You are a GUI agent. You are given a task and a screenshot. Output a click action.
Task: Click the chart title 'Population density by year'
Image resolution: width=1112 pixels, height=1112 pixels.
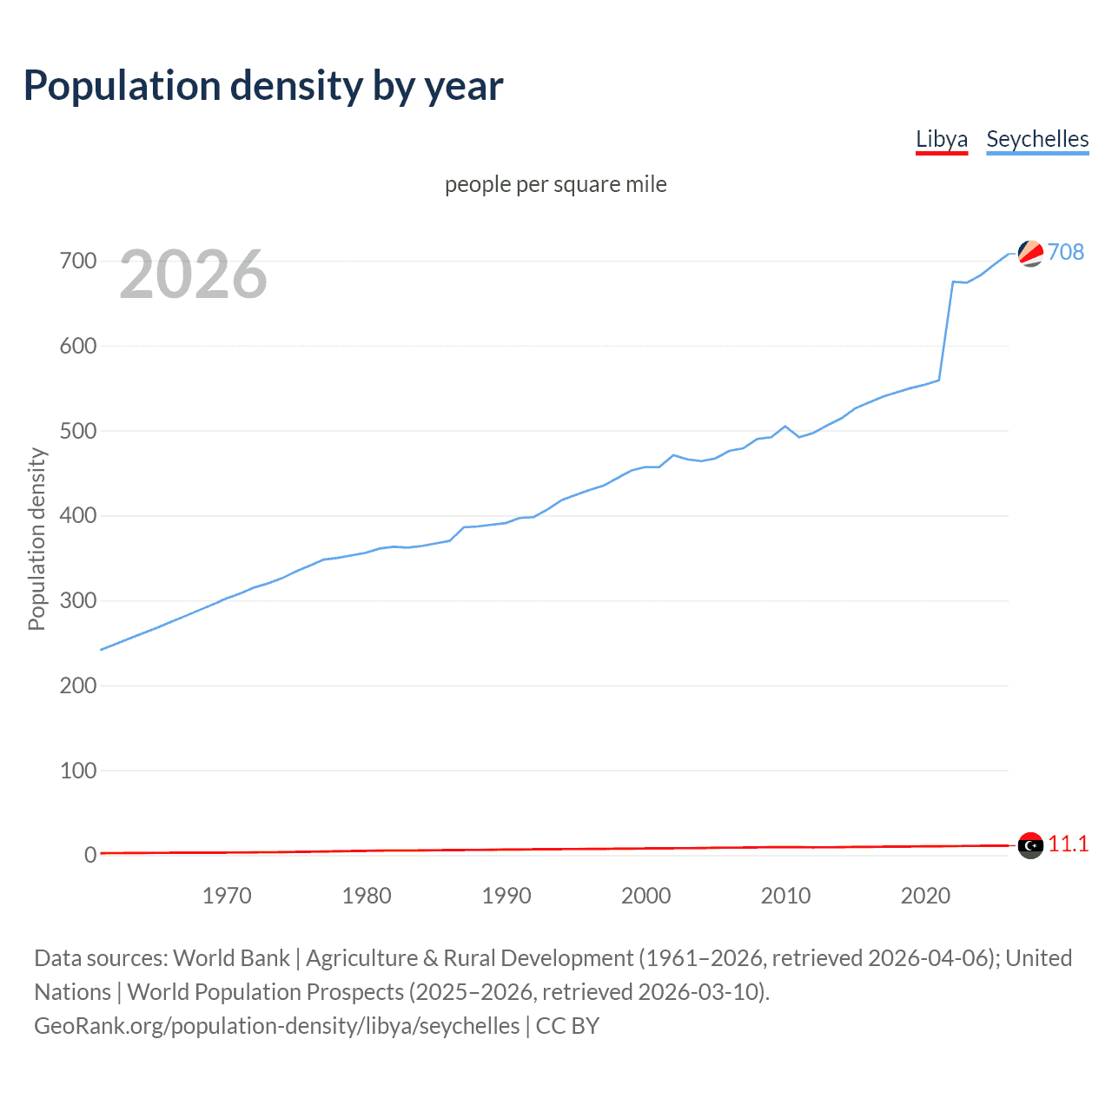coord(263,86)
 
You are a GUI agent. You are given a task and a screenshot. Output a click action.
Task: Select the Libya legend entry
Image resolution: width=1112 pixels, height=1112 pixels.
coord(941,139)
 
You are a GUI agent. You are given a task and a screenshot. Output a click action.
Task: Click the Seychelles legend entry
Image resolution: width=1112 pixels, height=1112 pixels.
coord(1037,139)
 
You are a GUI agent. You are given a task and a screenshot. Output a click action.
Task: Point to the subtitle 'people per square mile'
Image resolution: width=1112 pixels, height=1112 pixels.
coord(555,184)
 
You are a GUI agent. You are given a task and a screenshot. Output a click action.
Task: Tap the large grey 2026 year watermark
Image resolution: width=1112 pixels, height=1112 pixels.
coord(193,275)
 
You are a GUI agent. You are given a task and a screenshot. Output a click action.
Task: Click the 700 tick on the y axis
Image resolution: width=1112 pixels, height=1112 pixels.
coord(78,261)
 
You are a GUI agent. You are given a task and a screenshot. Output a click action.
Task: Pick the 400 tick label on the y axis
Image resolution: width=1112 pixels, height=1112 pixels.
coord(78,516)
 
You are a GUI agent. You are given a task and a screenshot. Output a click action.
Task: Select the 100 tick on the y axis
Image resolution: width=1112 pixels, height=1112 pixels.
coord(78,771)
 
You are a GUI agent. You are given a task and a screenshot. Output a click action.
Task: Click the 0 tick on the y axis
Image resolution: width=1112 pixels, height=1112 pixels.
coord(89,855)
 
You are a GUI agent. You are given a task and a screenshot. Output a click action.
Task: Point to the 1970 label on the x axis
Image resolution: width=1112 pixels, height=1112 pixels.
coord(227,896)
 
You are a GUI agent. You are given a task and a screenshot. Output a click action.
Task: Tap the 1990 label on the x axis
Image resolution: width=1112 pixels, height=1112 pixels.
coord(506,896)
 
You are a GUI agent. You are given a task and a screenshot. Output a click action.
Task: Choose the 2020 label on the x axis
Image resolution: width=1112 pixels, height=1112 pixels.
coord(925,896)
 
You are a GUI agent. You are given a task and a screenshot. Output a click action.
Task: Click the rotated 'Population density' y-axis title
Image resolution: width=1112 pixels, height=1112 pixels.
coord(36,539)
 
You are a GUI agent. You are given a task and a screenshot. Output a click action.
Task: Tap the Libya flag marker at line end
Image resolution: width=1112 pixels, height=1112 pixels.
coord(1030,845)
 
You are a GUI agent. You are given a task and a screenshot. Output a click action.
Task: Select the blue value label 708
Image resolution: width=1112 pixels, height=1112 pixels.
coord(1066,252)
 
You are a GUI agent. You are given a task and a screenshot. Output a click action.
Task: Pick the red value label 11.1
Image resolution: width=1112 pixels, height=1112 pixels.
coord(1068,844)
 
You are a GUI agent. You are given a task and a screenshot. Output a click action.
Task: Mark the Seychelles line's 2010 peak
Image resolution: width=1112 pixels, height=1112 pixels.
coord(785,427)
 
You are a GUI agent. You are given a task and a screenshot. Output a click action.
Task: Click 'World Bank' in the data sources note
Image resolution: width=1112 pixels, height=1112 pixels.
coord(231,958)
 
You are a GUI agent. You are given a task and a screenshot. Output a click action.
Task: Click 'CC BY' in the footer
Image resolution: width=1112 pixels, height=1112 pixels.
coord(567,1026)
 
